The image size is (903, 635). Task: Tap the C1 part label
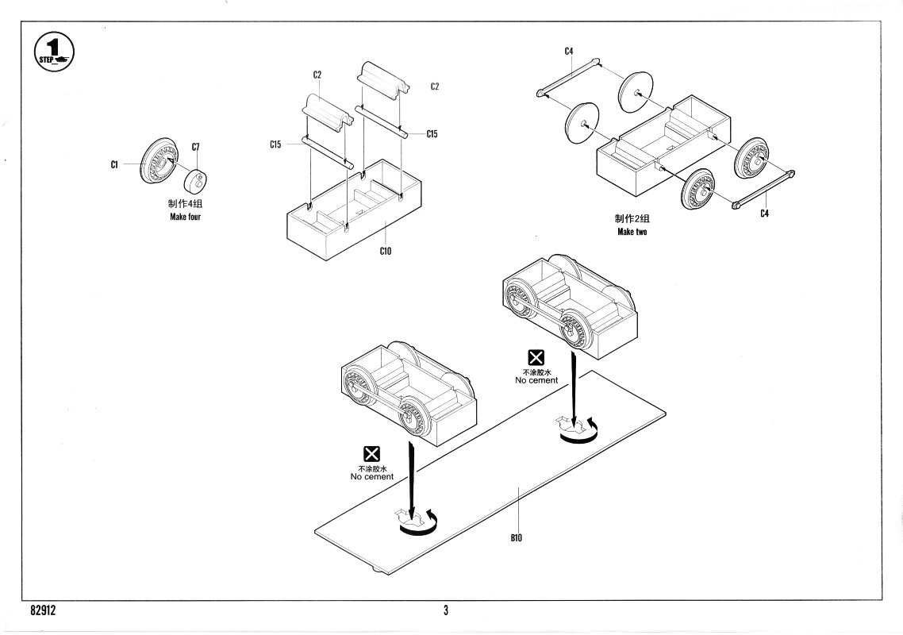(114, 164)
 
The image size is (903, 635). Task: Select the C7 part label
(196, 147)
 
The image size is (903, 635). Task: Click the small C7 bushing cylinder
(194, 180)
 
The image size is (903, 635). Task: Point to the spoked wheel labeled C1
(158, 161)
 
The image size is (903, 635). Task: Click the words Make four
(185, 217)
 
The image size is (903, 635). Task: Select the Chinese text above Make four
(185, 205)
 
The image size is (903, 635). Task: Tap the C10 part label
(386, 251)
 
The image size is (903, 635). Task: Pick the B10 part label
(517, 537)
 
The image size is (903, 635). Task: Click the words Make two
(632, 232)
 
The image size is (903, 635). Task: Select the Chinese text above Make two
(632, 219)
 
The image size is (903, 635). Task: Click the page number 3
(446, 610)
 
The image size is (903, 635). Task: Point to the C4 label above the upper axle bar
(569, 52)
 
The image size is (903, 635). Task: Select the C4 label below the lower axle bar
(763, 213)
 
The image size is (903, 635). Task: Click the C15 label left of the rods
(275, 144)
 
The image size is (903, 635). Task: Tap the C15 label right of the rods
(432, 134)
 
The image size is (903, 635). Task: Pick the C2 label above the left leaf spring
(317, 75)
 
